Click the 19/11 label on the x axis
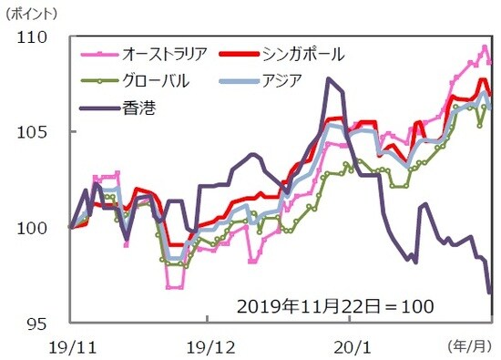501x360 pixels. (70, 346)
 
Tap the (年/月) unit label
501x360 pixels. (468, 346)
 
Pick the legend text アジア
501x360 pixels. (284, 81)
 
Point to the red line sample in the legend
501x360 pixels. (242, 55)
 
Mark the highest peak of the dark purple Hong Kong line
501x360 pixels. (327, 79)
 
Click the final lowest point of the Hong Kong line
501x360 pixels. (490, 293)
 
